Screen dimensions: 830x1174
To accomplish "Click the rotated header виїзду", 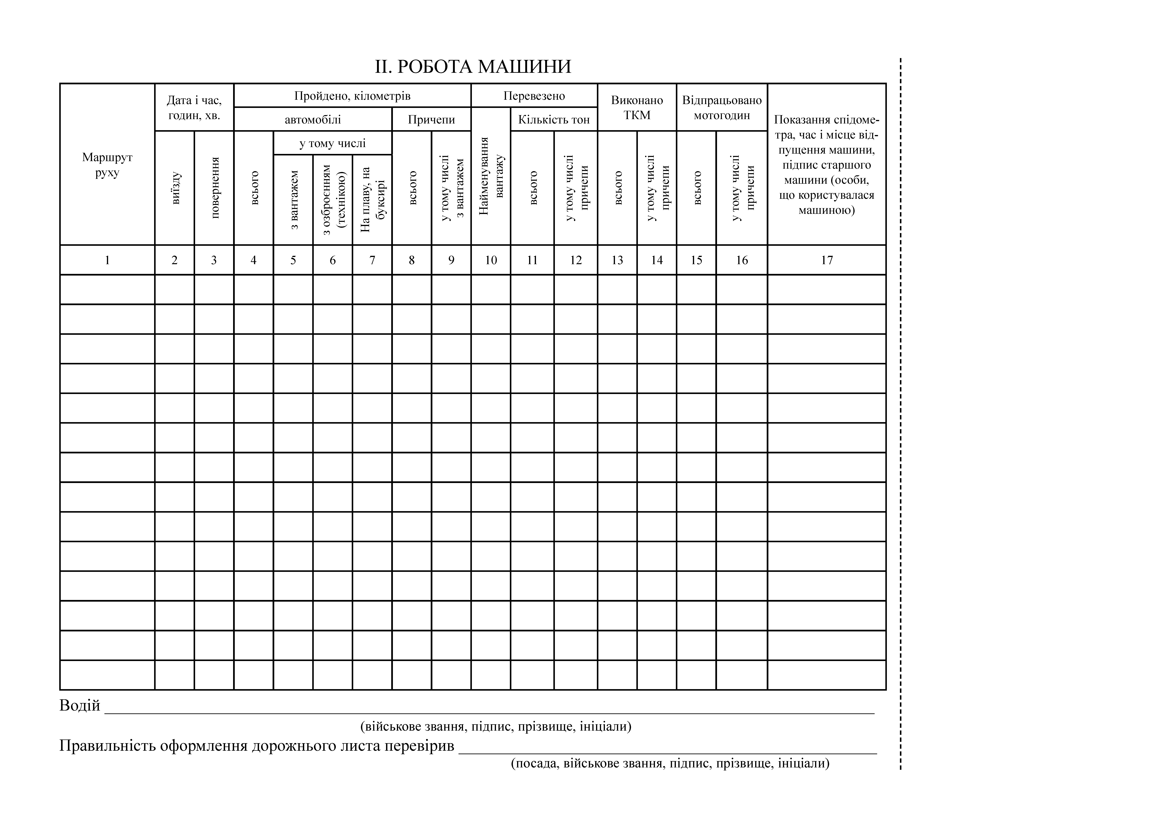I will (x=175, y=188).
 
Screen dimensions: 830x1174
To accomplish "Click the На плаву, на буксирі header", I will (x=372, y=199).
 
